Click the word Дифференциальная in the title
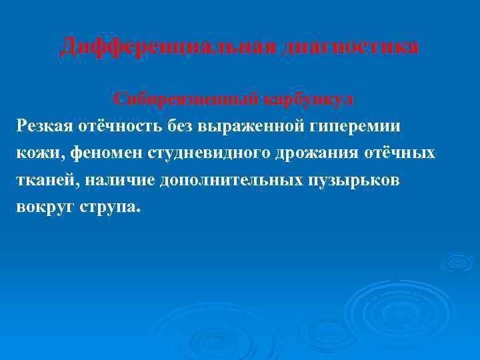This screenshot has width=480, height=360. [167, 47]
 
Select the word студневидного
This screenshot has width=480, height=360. [202, 153]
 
